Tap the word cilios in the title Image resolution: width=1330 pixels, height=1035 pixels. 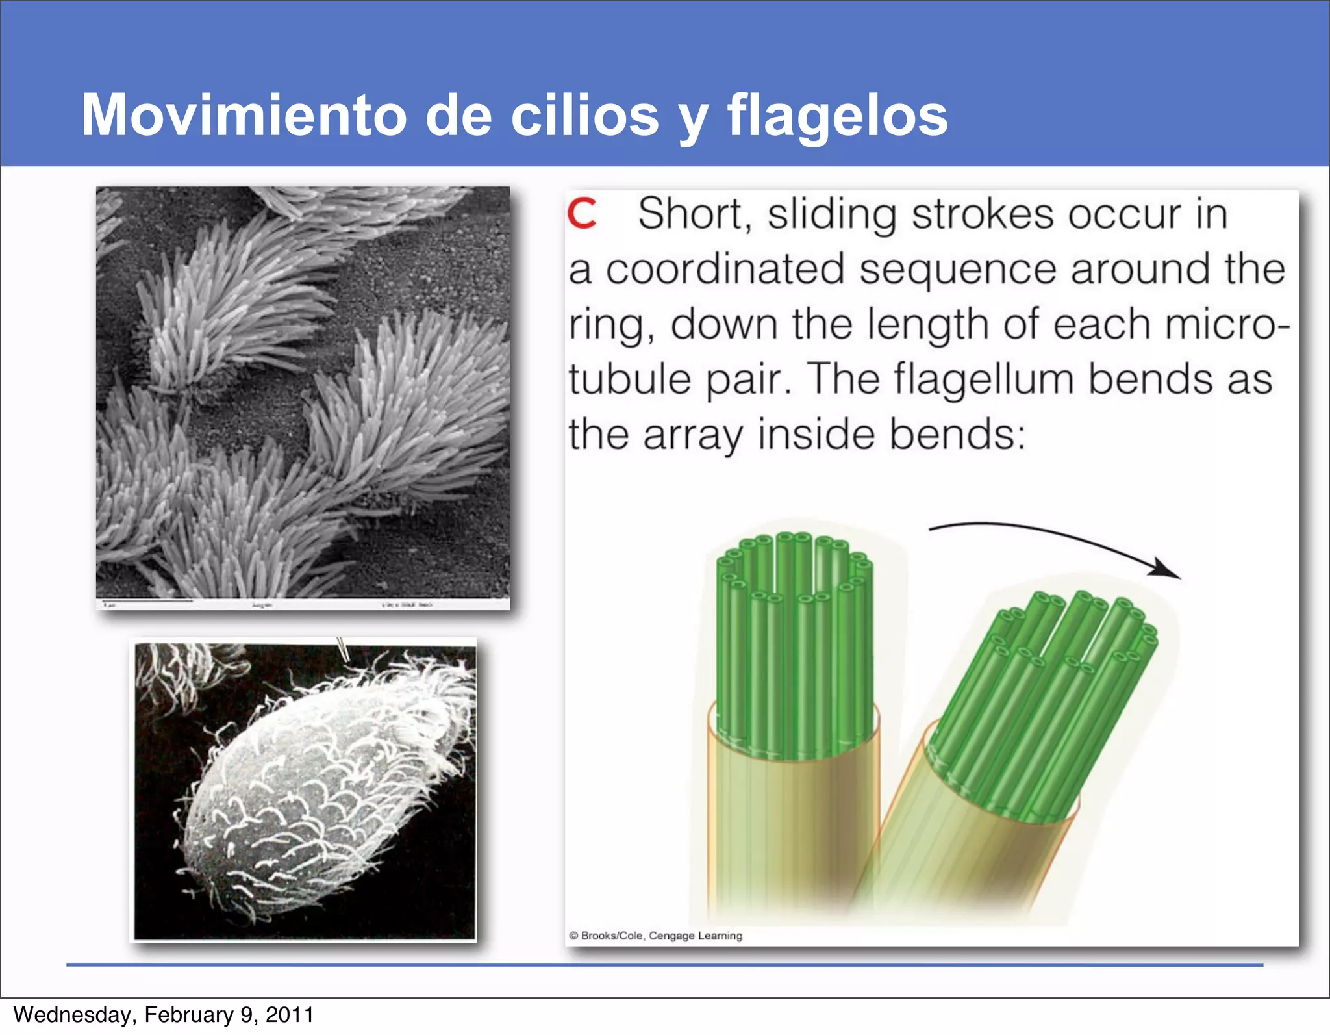(x=584, y=115)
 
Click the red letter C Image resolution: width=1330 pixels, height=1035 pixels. (x=581, y=214)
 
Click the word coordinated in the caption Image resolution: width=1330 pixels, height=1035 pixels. (x=725, y=269)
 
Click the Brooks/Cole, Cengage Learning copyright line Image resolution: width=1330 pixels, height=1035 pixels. (x=656, y=936)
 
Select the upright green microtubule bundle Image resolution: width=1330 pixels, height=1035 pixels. (x=794, y=650)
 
